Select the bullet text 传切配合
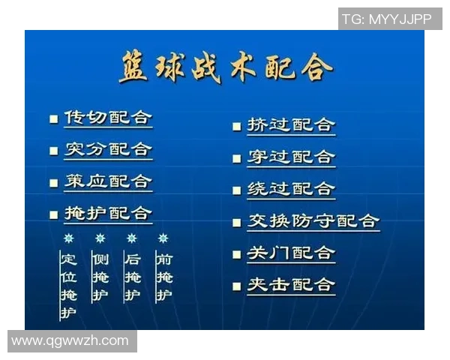coord(108,118)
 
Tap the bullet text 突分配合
coord(108,150)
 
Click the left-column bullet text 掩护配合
coord(108,214)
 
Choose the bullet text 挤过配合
coord(291,125)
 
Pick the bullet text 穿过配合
coord(291,157)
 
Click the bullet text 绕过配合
coord(291,189)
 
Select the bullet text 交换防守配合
coord(313,221)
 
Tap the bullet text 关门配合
coord(291,253)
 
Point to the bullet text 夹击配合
coord(291,285)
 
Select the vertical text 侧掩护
coord(100,277)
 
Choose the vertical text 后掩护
coord(132,277)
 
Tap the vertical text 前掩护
coord(163,277)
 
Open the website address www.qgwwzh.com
coord(70,340)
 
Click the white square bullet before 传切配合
coord(53,119)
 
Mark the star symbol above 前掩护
coord(163,238)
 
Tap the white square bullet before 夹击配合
coord(236,286)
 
